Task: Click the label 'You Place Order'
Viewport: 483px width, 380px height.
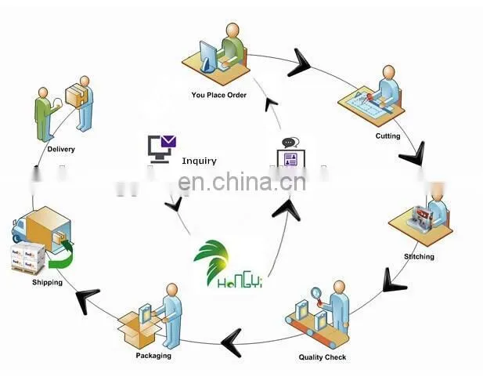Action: pyautogui.click(x=218, y=95)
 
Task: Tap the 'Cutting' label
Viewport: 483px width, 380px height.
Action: pyautogui.click(x=387, y=136)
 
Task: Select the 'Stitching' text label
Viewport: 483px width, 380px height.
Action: pyautogui.click(x=419, y=256)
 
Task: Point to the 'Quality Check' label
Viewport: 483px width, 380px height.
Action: pyautogui.click(x=323, y=357)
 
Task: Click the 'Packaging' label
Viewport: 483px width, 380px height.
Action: pyautogui.click(x=153, y=356)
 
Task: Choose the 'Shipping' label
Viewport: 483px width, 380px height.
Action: pyautogui.click(x=47, y=282)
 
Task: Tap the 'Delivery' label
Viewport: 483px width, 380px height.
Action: pyautogui.click(x=61, y=149)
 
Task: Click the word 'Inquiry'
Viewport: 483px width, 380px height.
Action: pyautogui.click(x=200, y=161)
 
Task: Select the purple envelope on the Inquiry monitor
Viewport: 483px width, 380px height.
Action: pyautogui.click(x=168, y=142)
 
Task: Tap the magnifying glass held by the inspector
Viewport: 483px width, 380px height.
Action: pyautogui.click(x=317, y=295)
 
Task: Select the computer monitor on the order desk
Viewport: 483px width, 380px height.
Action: pyautogui.click(x=208, y=57)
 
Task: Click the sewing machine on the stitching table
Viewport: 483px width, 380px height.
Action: pyautogui.click(x=420, y=215)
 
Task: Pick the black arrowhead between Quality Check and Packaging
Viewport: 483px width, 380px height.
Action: pyautogui.click(x=232, y=342)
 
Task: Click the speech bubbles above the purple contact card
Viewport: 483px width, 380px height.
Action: pyautogui.click(x=290, y=143)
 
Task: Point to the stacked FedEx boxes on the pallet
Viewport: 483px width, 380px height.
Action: pyautogui.click(x=28, y=259)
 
